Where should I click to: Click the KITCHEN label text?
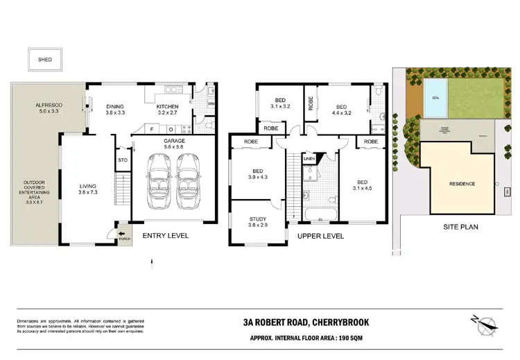[x=168, y=106]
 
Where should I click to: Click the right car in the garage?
[x=189, y=180]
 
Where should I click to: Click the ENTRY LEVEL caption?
[x=165, y=236]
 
